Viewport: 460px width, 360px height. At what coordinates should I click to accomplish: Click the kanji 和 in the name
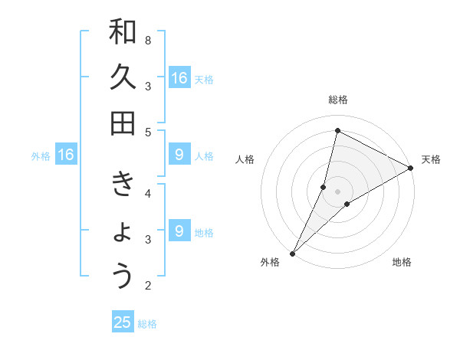pyautogui.click(x=123, y=33)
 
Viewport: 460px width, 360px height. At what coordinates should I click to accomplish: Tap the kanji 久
pyautogui.click(x=123, y=78)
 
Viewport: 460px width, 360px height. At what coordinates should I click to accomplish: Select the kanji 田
pyautogui.click(x=123, y=123)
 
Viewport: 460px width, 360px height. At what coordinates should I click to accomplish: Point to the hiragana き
pyautogui.click(x=123, y=186)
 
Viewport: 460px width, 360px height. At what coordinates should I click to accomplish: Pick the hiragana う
pyautogui.click(x=123, y=276)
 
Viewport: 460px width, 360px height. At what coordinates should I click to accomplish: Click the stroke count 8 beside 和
pyautogui.click(x=148, y=40)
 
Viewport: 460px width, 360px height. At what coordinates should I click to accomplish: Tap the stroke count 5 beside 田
pyautogui.click(x=148, y=132)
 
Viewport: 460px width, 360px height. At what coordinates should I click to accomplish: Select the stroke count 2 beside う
pyautogui.click(x=148, y=286)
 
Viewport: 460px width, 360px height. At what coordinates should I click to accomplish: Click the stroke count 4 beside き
pyautogui.click(x=148, y=193)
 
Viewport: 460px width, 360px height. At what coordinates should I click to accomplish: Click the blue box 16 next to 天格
pyautogui.click(x=179, y=78)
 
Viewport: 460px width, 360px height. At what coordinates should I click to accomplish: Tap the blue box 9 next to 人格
pyautogui.click(x=179, y=155)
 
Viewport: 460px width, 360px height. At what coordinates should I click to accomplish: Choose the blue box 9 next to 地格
pyautogui.click(x=179, y=231)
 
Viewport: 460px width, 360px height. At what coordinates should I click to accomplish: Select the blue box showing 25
pyautogui.click(x=123, y=322)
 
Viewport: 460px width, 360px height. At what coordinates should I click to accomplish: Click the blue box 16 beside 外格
pyautogui.click(x=66, y=155)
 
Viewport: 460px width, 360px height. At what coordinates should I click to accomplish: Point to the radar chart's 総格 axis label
pyautogui.click(x=337, y=100)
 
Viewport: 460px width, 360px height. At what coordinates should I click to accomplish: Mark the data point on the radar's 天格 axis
pyautogui.click(x=411, y=169)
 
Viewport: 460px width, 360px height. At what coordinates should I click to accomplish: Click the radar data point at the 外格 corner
pyautogui.click(x=292, y=253)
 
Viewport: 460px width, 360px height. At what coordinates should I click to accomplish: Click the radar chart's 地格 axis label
pyautogui.click(x=402, y=262)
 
